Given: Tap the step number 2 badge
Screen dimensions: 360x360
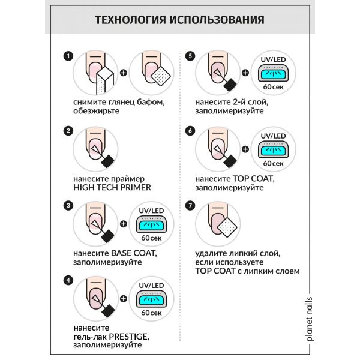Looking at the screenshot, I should [68, 130].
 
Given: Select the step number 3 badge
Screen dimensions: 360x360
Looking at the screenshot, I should [68, 205].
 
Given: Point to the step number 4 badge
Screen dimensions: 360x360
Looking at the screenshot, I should [68, 279].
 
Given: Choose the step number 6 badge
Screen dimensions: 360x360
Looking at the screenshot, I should [191, 130].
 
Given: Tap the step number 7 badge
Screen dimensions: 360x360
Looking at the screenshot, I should [191, 205].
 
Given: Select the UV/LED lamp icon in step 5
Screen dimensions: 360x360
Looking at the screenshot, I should [273, 75].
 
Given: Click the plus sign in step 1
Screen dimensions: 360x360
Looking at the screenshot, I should [124, 74].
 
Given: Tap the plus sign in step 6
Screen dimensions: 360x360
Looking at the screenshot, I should [245, 149].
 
